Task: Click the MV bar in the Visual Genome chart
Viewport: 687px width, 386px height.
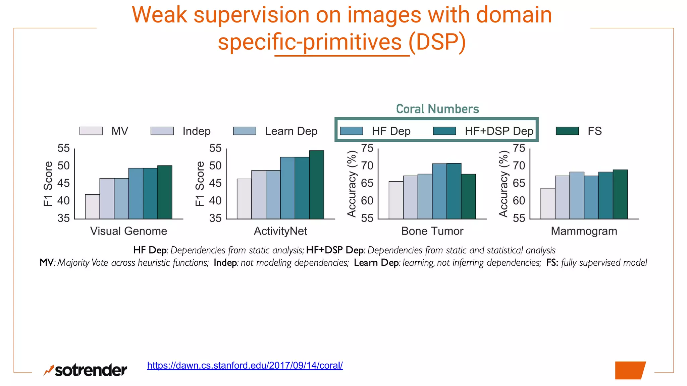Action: click(x=92, y=207)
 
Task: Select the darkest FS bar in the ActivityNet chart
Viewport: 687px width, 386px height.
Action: click(x=316, y=185)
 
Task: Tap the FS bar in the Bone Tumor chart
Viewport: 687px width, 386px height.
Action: click(x=468, y=197)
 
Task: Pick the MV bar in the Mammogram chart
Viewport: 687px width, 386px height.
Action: click(x=548, y=204)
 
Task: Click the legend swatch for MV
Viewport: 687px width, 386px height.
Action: click(x=91, y=131)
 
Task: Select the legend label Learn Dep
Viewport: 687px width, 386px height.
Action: click(x=291, y=131)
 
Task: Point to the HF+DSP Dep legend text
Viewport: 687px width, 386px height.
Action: click(x=499, y=131)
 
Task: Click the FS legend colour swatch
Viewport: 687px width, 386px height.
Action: click(x=567, y=131)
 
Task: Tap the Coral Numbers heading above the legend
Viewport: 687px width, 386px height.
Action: click(x=437, y=109)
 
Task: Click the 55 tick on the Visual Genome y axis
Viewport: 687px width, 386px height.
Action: click(x=63, y=148)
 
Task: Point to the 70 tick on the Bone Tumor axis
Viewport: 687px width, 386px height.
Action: click(x=367, y=166)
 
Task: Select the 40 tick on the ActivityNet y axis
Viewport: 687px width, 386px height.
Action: click(x=215, y=201)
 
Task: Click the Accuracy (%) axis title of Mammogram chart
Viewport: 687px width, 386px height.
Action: click(x=504, y=184)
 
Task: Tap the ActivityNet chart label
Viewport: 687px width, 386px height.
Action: click(x=280, y=231)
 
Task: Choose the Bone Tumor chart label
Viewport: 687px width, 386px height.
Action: click(x=432, y=231)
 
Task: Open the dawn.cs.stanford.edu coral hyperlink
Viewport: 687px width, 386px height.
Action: click(x=245, y=366)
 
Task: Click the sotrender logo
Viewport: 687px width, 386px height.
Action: click(x=86, y=370)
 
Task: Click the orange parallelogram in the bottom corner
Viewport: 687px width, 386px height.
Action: click(x=630, y=370)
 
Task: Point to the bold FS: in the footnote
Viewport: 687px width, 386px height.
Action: click(x=552, y=263)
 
